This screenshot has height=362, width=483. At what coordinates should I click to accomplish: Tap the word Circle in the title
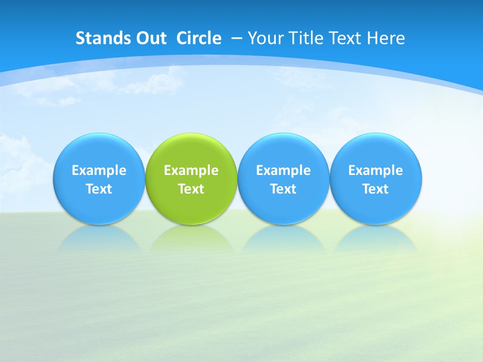(x=199, y=38)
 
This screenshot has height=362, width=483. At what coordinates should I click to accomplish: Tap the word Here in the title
(x=385, y=38)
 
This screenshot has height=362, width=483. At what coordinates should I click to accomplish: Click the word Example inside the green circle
(x=191, y=170)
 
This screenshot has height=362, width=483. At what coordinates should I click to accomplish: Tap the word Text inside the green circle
(x=191, y=189)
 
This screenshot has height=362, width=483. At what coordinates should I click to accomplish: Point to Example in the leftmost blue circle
(x=99, y=170)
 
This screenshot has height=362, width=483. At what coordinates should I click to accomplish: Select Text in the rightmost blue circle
(x=376, y=189)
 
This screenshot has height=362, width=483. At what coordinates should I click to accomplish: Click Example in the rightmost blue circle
(x=376, y=170)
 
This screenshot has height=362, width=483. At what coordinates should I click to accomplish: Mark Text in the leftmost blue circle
(x=99, y=189)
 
